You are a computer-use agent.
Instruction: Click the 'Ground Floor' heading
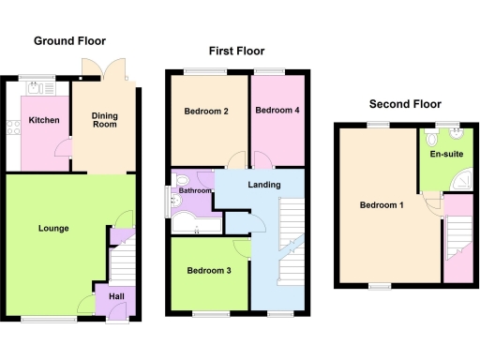click(x=69, y=41)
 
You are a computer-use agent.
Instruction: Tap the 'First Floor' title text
click(x=236, y=52)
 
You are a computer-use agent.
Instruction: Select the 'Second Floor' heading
click(x=405, y=104)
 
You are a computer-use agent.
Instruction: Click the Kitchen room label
click(x=44, y=121)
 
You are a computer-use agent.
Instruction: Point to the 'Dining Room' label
click(x=104, y=120)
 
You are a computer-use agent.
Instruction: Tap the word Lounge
click(x=53, y=228)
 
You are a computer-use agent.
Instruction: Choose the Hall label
click(x=116, y=296)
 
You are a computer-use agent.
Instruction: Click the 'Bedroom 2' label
click(x=207, y=112)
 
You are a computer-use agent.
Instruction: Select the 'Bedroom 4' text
click(x=277, y=111)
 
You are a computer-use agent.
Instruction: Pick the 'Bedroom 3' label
click(x=208, y=271)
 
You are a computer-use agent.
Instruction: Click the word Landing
click(x=264, y=185)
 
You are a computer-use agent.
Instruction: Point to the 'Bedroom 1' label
click(x=382, y=205)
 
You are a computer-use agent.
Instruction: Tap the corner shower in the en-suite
click(x=460, y=178)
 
